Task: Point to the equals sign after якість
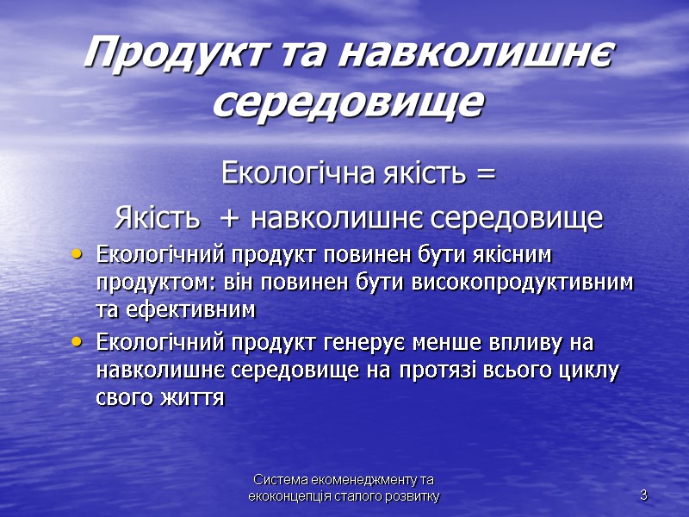pos(485,175)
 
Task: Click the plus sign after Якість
pos(230,219)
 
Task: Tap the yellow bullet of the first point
pos(79,254)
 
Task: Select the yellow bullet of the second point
pos(79,342)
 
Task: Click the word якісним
pos(512,256)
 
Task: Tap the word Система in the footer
pos(281,480)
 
